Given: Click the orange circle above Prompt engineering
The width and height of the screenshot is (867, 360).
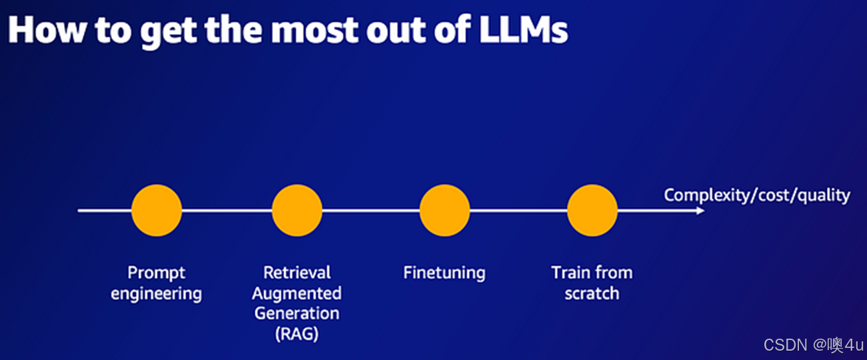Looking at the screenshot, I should tap(157, 211).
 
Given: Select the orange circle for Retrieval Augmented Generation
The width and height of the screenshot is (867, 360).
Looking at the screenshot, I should tap(297, 211).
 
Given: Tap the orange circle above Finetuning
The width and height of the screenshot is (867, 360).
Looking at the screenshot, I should tap(445, 211).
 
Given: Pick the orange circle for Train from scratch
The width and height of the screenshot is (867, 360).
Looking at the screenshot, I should tap(592, 211).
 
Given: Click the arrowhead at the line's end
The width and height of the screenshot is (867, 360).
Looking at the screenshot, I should tap(700, 211).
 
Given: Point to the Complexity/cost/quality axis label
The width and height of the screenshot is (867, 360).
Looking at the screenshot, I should tap(757, 195).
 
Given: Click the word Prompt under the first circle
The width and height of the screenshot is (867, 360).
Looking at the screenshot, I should tap(157, 273).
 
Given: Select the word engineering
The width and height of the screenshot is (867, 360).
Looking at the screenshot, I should tap(157, 293).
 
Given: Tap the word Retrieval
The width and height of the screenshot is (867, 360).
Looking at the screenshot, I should tap(297, 273).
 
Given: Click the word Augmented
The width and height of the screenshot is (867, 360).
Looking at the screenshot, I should tap(297, 293).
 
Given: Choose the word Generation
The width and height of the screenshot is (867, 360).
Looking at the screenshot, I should tap(297, 313).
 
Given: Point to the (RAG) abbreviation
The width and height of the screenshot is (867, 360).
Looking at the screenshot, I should tap(297, 333).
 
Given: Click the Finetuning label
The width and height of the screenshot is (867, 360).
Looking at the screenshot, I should tap(445, 273).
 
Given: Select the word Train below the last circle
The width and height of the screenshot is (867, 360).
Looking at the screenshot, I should tap(568, 273).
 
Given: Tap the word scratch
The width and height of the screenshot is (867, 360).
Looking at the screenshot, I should tap(592, 293).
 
